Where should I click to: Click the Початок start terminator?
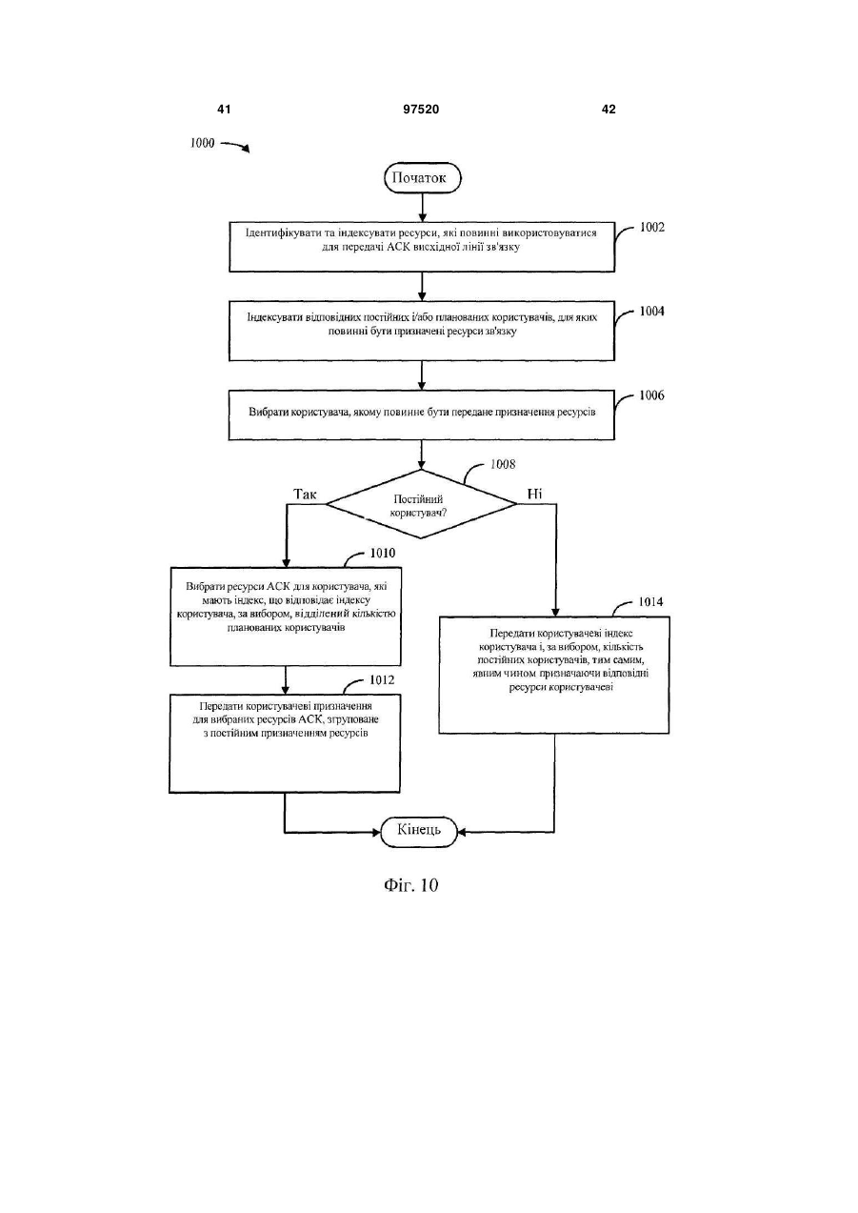click(x=422, y=177)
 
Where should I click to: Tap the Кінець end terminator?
click(x=419, y=831)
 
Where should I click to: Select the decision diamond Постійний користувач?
click(x=421, y=504)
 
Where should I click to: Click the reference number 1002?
click(x=651, y=228)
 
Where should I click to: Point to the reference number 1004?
click(x=651, y=312)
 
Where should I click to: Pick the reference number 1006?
click(x=651, y=395)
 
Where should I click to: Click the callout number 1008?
click(x=503, y=464)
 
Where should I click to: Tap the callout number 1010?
click(x=383, y=553)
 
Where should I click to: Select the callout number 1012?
click(x=382, y=680)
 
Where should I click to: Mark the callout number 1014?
click(x=650, y=602)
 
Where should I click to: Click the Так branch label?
click(x=305, y=494)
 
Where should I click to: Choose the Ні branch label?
click(x=534, y=494)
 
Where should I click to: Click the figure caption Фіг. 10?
click(x=410, y=885)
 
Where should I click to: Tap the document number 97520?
click(x=421, y=110)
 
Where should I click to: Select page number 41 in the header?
click(x=224, y=110)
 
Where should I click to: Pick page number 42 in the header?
click(x=609, y=110)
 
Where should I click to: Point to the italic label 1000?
click(x=203, y=143)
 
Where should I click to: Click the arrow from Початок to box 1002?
click(x=422, y=208)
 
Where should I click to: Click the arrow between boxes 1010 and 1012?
click(x=286, y=680)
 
